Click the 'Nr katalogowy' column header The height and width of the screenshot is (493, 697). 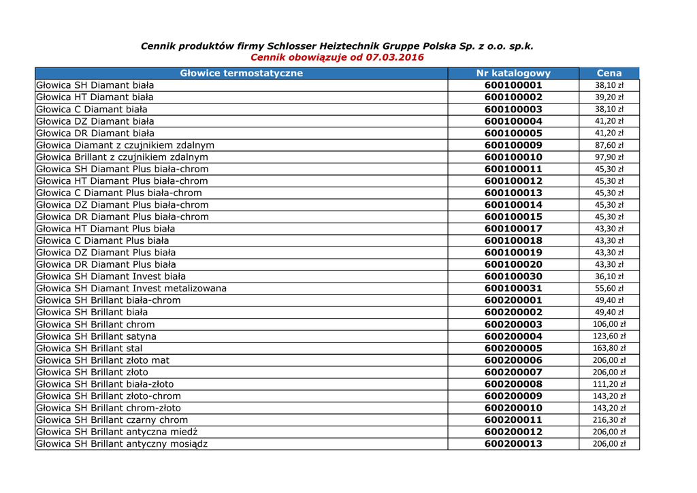pos(513,74)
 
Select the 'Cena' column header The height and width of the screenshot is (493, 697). pos(609,74)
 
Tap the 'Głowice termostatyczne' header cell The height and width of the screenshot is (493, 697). pos(241,74)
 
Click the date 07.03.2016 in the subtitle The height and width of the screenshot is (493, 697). pos(395,58)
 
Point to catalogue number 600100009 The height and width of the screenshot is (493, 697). pos(513,145)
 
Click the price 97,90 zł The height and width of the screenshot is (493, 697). pos(609,157)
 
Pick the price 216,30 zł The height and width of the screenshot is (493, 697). pos(609,420)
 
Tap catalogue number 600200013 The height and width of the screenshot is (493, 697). pos(513,444)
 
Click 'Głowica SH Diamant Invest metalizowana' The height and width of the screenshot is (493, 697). pos(131,289)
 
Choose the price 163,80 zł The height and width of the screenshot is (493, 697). pos(609,348)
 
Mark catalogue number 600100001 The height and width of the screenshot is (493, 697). pos(513,86)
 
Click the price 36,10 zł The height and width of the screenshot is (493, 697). pos(609,276)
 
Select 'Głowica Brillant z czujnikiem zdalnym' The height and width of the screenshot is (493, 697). pos(123,157)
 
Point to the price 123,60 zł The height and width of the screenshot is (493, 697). pos(609,336)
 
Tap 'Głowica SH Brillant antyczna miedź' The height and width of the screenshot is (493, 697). pos(117,432)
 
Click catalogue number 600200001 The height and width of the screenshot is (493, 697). pos(513,300)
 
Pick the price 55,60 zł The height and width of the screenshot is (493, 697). pos(609,289)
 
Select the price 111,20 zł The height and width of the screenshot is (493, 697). pos(609,384)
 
